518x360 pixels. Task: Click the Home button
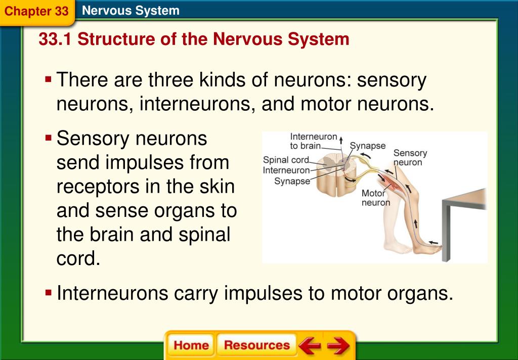point(191,346)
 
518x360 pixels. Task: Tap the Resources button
point(257,346)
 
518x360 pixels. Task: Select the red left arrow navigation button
point(309,346)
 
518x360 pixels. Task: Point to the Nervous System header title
point(131,11)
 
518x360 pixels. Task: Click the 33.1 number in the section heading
point(55,39)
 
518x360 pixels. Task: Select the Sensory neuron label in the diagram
point(410,157)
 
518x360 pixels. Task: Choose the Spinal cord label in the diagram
point(286,160)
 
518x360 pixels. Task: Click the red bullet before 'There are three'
point(49,79)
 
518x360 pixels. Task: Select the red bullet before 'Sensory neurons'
point(49,138)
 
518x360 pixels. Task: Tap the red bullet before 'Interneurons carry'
point(49,292)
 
